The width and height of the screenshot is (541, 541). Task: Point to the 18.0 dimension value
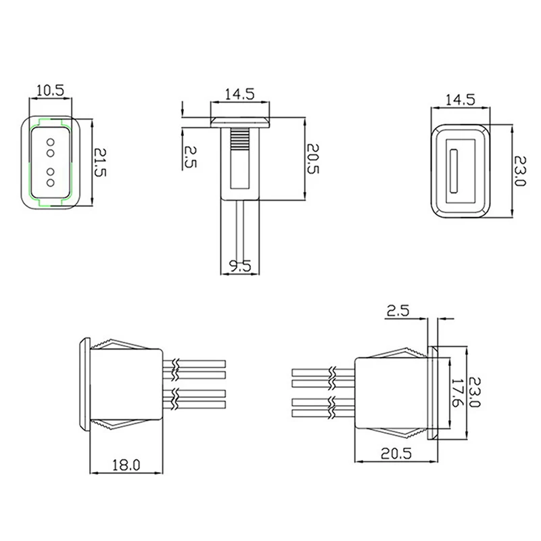click(x=126, y=465)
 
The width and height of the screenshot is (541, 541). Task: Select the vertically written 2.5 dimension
click(x=191, y=157)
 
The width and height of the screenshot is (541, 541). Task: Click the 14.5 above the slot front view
click(x=459, y=99)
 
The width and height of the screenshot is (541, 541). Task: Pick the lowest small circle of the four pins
click(x=50, y=183)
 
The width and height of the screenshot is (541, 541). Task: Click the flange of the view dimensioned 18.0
click(x=84, y=383)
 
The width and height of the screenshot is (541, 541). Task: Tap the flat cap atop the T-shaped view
click(x=239, y=122)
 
